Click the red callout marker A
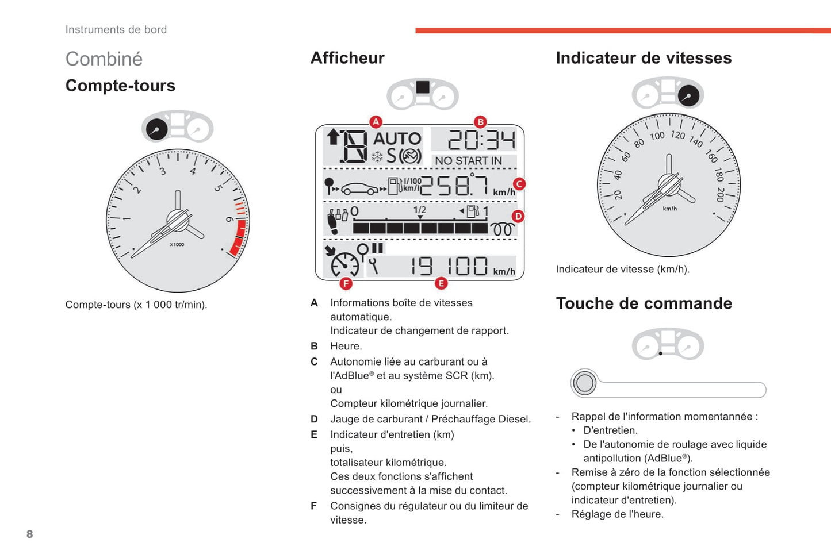376,122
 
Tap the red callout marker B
480,122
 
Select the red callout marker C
519,184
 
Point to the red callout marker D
518,217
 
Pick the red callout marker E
441,283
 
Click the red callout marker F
346,283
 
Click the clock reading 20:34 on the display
481,140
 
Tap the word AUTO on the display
397,138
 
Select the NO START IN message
468,161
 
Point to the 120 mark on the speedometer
678,135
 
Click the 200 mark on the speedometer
720,194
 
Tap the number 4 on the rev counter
193,171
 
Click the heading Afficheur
347,58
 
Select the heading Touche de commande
644,303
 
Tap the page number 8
30,534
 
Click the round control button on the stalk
584,383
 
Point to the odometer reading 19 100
449,266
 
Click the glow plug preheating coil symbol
502,229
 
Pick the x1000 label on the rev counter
177,244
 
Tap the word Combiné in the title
104,59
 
